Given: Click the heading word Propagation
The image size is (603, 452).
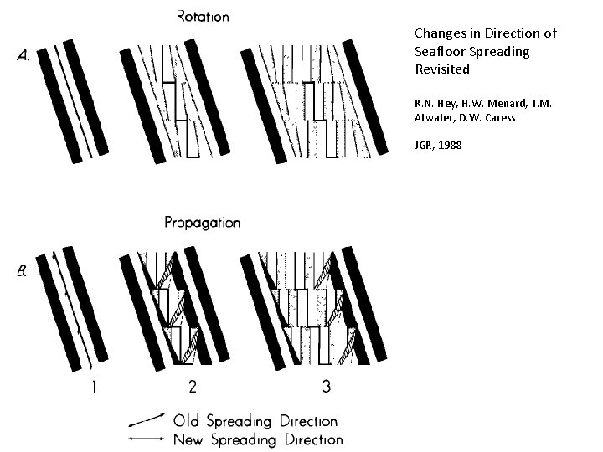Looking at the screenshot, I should coord(202,223).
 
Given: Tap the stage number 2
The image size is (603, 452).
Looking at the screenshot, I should coord(193,387).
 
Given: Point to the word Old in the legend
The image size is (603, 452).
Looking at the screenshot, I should coord(187,421).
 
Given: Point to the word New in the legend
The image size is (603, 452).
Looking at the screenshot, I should coord(189,439).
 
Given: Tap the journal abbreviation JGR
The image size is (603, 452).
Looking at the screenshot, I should coord(425,145).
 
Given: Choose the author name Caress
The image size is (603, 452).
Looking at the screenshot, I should coord(500,117).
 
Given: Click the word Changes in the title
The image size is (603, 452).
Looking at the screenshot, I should coord(441,34).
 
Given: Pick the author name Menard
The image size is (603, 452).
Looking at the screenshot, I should coord(492,103).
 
